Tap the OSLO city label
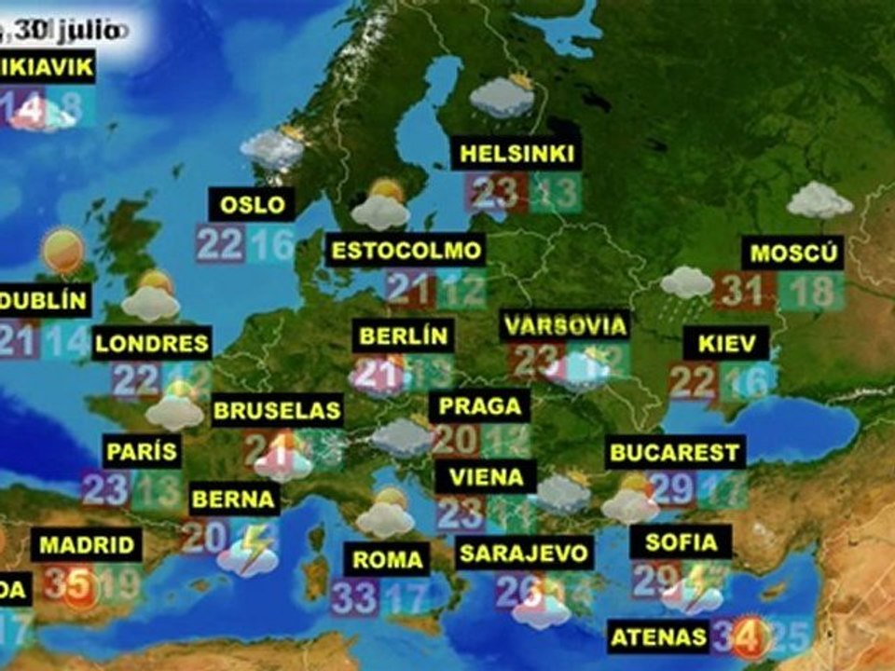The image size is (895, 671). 252,204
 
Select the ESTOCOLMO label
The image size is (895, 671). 407,250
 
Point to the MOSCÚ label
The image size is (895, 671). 792,253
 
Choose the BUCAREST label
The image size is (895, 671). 674,454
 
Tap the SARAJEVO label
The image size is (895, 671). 525,553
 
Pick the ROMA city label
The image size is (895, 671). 387,560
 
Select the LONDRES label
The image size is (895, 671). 152,343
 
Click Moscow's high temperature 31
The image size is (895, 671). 743,291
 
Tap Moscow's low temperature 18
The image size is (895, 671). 810,291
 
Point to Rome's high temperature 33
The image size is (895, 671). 353,597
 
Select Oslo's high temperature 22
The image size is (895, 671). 220,244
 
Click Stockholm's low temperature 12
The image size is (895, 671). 462,289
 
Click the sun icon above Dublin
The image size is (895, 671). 63,250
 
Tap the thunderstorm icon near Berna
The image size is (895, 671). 248,552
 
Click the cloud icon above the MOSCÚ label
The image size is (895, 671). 819,200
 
